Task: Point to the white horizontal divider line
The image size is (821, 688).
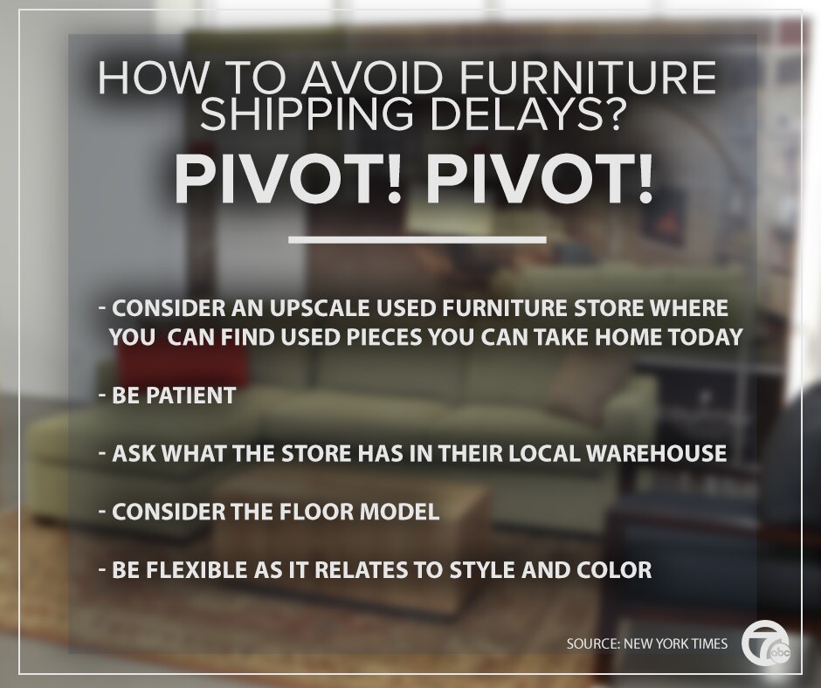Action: point(417,240)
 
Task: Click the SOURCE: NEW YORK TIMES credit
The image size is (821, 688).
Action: point(646,643)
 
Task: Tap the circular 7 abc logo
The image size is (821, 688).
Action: point(766,643)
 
